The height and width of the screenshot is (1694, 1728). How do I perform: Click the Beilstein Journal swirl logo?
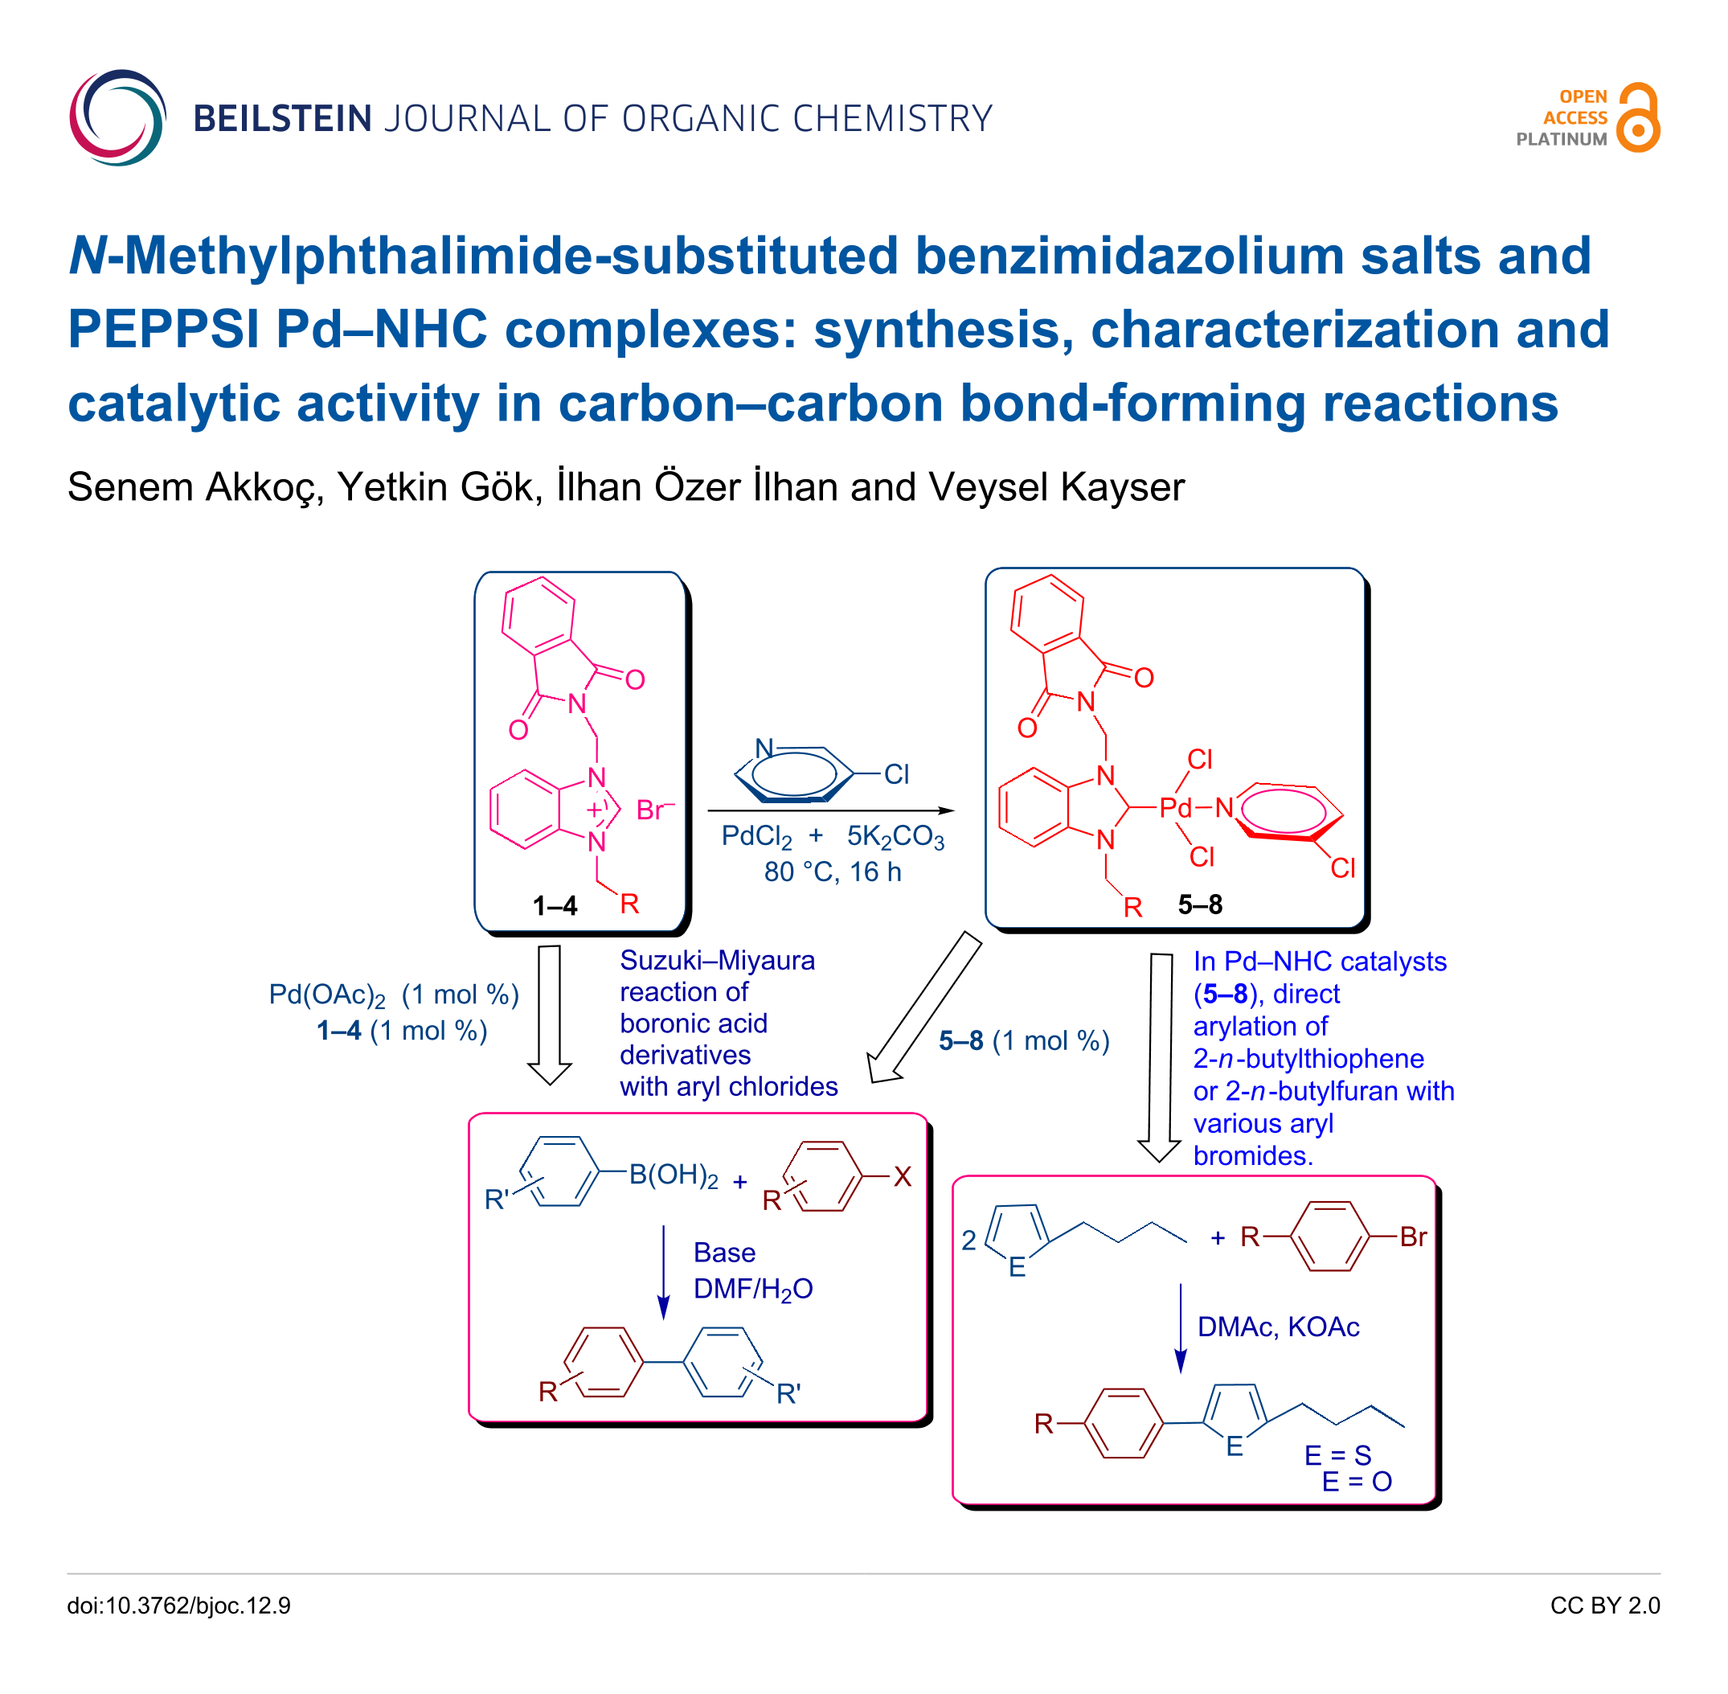coord(117,117)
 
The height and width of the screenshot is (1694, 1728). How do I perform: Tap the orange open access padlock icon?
coord(1638,117)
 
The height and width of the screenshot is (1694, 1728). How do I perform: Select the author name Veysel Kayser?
coord(1057,486)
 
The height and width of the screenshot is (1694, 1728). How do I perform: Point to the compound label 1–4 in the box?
coord(555,906)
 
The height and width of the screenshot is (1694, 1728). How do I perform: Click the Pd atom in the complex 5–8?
coord(1175,808)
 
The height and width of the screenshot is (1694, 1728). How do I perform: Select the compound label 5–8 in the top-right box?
coord(1200,904)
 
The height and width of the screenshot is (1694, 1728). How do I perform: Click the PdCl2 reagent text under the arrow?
coord(756,837)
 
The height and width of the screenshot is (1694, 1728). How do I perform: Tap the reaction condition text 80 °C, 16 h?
coord(833,872)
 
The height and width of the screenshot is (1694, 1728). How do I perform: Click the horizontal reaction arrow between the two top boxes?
coord(831,810)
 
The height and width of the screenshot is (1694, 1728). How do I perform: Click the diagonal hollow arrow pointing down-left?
coord(924,1008)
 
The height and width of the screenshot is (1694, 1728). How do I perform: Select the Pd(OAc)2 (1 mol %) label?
coord(394,995)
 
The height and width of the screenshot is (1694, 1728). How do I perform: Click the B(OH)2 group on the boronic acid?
coord(674,1176)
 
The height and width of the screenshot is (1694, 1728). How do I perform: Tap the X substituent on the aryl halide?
coord(903,1177)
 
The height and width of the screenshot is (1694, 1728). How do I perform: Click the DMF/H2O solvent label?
coord(752,1289)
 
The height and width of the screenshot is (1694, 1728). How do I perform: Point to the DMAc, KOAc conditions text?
coord(1278,1327)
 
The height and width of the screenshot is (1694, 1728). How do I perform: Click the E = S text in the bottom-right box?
coord(1337,1455)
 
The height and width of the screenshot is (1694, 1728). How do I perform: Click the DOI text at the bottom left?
coord(178,1606)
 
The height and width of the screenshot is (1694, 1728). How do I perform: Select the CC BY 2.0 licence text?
coord(1604,1606)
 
